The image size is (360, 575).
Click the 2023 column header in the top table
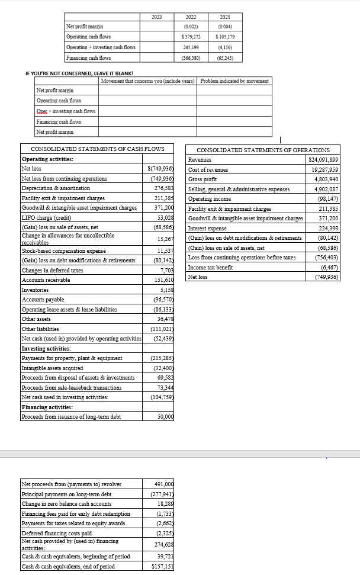157,17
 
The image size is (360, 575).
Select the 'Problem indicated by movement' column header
234,81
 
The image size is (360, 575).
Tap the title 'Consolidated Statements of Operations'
263,150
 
